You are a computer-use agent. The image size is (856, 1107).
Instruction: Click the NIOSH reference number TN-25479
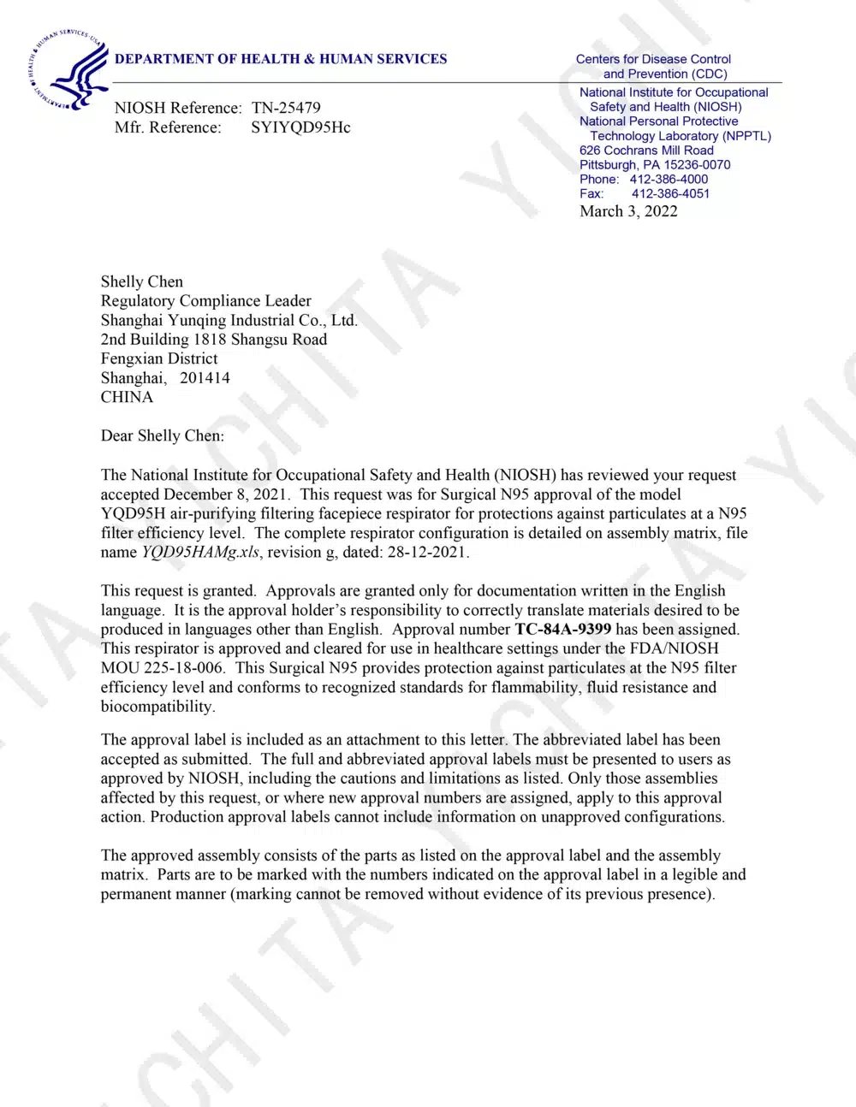pyautogui.click(x=286, y=108)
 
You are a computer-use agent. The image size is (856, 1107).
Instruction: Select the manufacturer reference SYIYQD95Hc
pyautogui.click(x=300, y=127)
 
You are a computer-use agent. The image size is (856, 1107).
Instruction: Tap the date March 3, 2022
pyautogui.click(x=628, y=211)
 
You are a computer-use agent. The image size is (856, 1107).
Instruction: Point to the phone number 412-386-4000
pyautogui.click(x=669, y=179)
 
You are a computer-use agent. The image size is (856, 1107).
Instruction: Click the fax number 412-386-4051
pyautogui.click(x=670, y=193)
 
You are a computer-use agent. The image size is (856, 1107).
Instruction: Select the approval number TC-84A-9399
pyautogui.click(x=562, y=629)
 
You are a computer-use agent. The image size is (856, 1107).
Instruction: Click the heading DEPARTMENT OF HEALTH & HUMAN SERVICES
pyautogui.click(x=281, y=59)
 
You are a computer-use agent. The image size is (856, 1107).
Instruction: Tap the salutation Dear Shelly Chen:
pyautogui.click(x=163, y=435)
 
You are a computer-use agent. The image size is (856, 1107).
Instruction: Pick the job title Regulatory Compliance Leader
pyautogui.click(x=206, y=301)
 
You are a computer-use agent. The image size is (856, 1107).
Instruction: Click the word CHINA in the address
pyautogui.click(x=127, y=397)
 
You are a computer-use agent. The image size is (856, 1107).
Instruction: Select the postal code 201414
pyautogui.click(x=205, y=378)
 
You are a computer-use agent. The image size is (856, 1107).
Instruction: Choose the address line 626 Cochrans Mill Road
pyautogui.click(x=646, y=150)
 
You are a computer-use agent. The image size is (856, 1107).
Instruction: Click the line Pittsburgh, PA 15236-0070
pyautogui.click(x=655, y=164)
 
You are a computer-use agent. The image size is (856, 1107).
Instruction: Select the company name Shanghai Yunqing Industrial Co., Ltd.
pyautogui.click(x=229, y=320)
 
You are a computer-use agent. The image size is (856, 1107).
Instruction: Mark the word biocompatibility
pyautogui.click(x=158, y=707)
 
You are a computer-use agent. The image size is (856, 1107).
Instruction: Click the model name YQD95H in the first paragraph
pyautogui.click(x=132, y=513)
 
